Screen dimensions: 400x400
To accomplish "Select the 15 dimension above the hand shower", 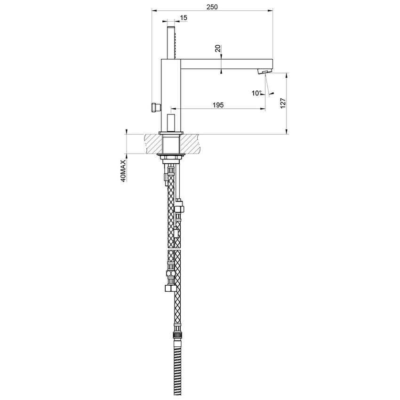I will click(x=184, y=17).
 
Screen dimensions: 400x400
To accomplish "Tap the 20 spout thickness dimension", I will click(x=217, y=48).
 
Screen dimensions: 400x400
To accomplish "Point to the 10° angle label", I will click(x=256, y=93).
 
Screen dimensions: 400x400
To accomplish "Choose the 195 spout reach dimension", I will click(x=218, y=104).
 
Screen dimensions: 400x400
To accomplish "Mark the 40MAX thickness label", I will click(x=123, y=170).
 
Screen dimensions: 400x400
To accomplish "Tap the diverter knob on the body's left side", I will click(x=153, y=107).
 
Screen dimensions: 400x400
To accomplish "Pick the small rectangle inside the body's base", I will click(x=172, y=122).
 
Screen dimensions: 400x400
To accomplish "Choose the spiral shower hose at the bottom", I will click(x=178, y=372).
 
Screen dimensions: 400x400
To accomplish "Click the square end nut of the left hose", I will click(x=168, y=287).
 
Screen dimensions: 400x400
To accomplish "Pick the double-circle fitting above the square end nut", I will click(x=169, y=273).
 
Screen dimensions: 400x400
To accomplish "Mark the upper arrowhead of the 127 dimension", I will click(x=287, y=75).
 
